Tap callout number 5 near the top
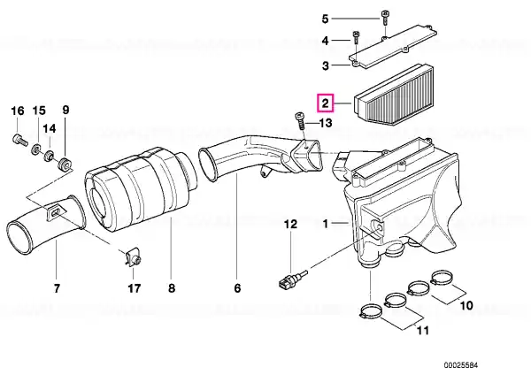pos(325,19)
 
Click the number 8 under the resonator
pos(172,288)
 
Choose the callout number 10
pos(468,305)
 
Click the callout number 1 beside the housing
pos(325,225)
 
